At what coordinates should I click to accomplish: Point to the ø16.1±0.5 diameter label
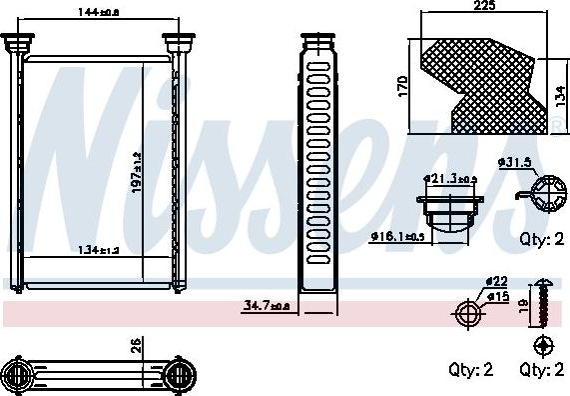pos(398,237)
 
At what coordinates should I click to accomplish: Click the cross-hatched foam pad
pos(479,82)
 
